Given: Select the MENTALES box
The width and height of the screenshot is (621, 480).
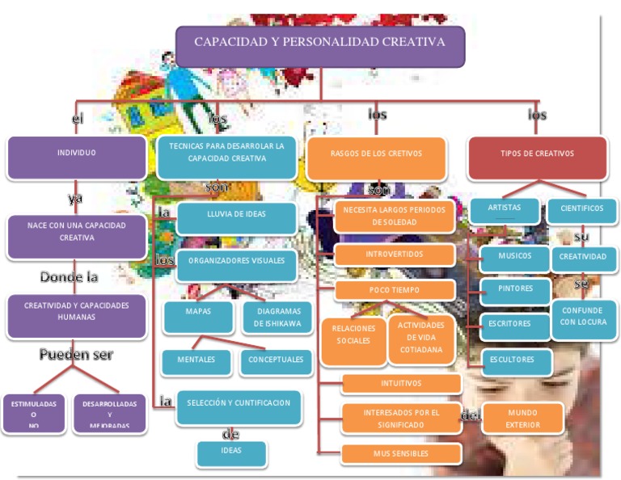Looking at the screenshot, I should pyautogui.click(x=196, y=361).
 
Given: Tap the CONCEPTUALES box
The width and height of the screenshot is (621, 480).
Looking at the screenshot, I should pyautogui.click(x=276, y=361).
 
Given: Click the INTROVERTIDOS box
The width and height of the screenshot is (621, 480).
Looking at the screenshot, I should pyautogui.click(x=395, y=255).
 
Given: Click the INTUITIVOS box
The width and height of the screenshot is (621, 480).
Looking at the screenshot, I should pyautogui.click(x=401, y=384).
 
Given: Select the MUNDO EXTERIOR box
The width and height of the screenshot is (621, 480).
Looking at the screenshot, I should pyautogui.click(x=522, y=419).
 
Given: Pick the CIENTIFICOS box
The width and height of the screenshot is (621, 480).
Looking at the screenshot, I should pyautogui.click(x=582, y=210).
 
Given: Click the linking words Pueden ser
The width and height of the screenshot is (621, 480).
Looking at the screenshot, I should pyautogui.click(x=77, y=355).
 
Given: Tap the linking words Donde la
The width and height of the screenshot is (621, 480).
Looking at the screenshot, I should pyautogui.click(x=70, y=277).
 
